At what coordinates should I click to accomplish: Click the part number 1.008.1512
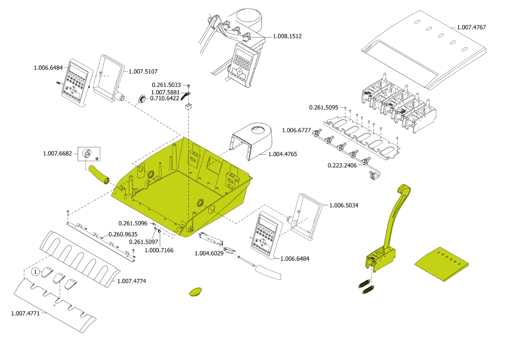click(288, 36)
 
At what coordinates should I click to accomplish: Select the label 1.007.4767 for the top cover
click(471, 27)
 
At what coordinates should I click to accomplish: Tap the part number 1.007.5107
click(143, 72)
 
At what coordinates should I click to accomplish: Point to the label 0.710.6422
click(164, 98)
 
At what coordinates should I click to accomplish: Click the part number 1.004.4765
click(283, 154)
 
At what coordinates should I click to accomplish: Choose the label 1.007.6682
click(57, 153)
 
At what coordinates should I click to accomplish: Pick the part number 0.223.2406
click(342, 165)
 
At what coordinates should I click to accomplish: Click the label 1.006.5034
click(343, 205)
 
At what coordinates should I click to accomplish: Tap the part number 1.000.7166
click(159, 250)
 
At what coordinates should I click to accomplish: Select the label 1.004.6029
click(209, 254)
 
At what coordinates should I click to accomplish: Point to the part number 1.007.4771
click(25, 313)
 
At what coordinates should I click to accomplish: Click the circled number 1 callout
click(35, 272)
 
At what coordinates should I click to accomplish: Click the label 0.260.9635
click(123, 234)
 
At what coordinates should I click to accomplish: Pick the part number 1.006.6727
click(296, 130)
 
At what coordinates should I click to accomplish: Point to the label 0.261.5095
click(324, 107)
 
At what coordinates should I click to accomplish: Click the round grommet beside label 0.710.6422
click(141, 99)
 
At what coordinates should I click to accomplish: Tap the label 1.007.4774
click(132, 281)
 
